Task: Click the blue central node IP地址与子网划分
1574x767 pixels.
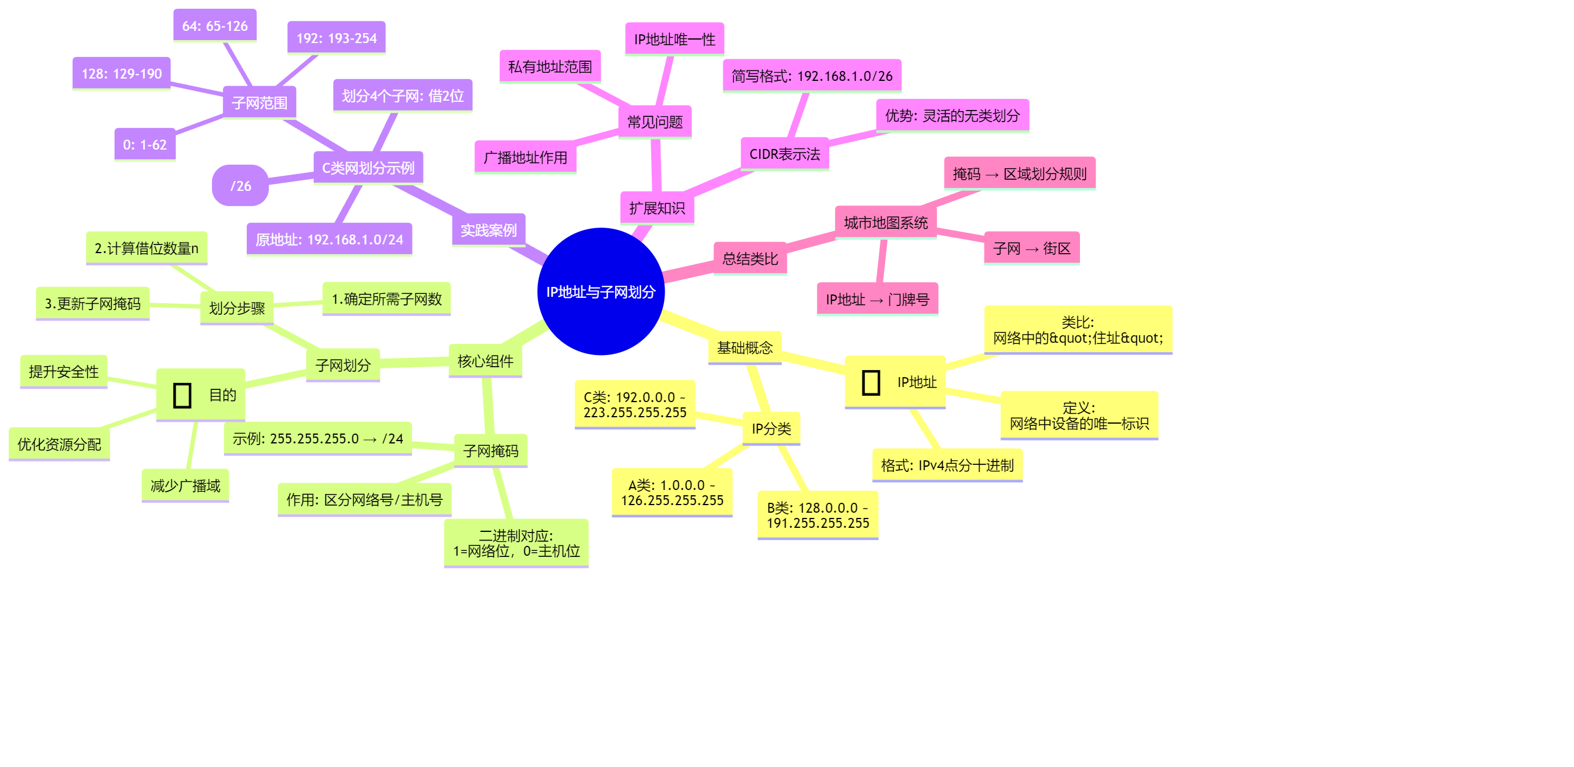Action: click(x=601, y=292)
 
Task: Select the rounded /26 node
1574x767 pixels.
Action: click(x=240, y=185)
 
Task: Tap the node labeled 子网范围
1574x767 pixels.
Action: click(x=259, y=102)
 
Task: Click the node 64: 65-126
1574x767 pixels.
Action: click(x=215, y=26)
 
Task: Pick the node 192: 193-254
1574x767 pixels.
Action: click(x=336, y=38)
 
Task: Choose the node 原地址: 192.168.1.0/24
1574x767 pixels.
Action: click(x=329, y=239)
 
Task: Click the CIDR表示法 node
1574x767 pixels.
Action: click(x=784, y=154)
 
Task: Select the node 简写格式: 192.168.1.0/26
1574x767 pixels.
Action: click(x=812, y=76)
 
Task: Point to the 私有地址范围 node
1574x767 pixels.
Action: click(x=550, y=66)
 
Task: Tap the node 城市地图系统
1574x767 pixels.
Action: click(x=886, y=222)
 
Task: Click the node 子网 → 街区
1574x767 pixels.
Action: click(x=1032, y=248)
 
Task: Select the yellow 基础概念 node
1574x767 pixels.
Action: click(x=744, y=348)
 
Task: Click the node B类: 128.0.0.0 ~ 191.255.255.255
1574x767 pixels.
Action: click(x=818, y=514)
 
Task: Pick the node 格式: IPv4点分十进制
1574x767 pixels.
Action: click(x=947, y=465)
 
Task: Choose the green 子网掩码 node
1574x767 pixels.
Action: click(x=491, y=450)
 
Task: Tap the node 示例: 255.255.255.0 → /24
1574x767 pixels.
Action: click(x=318, y=438)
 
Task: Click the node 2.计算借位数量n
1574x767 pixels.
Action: click(x=147, y=247)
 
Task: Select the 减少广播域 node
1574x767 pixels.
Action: click(x=185, y=485)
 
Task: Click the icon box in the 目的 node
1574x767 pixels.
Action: click(x=182, y=395)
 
